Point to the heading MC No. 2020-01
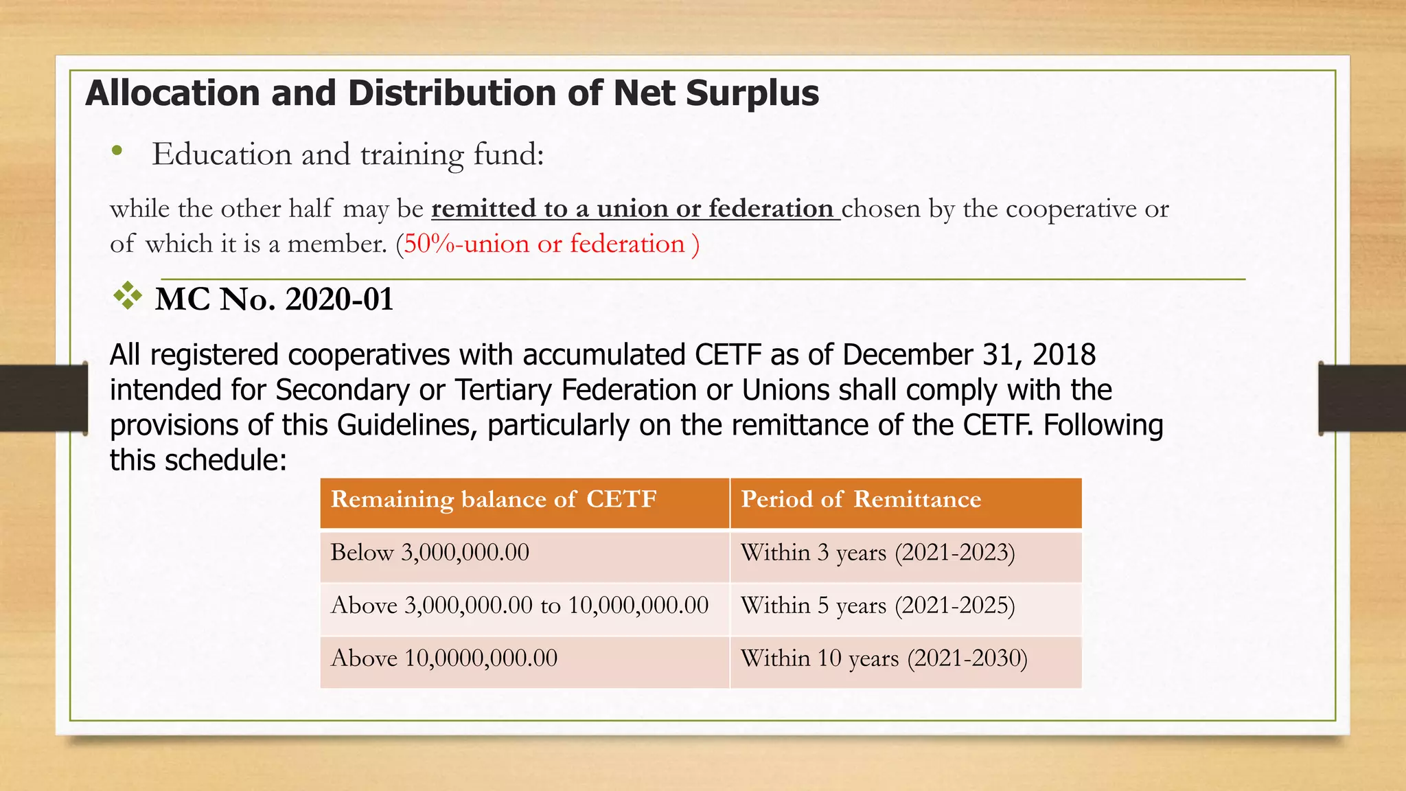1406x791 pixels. tap(274, 299)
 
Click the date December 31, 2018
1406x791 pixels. tap(969, 355)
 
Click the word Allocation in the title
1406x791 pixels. tap(172, 93)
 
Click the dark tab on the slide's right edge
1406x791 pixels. tap(1363, 398)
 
